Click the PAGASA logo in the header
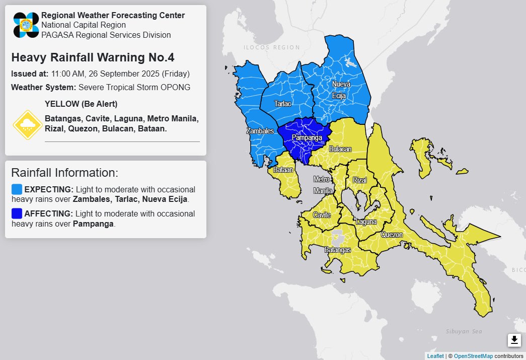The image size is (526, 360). pos(26,25)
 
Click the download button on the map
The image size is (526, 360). pos(514,340)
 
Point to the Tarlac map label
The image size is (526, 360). pos(282,103)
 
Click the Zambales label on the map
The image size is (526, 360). pos(260,131)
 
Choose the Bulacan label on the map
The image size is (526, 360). pos(340,150)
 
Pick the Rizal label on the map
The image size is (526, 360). pos(360,180)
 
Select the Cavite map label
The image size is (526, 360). pos(322,215)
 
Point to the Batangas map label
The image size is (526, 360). pos(337,249)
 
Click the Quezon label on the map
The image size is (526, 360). pos(392,235)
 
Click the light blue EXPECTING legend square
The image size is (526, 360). pos(17,189)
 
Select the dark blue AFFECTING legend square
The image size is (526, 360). pos(17,213)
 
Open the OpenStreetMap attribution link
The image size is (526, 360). pos(473,356)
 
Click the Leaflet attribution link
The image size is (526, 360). pos(435,356)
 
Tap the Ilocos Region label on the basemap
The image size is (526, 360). pos(271,47)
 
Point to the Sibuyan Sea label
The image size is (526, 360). pos(464,331)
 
